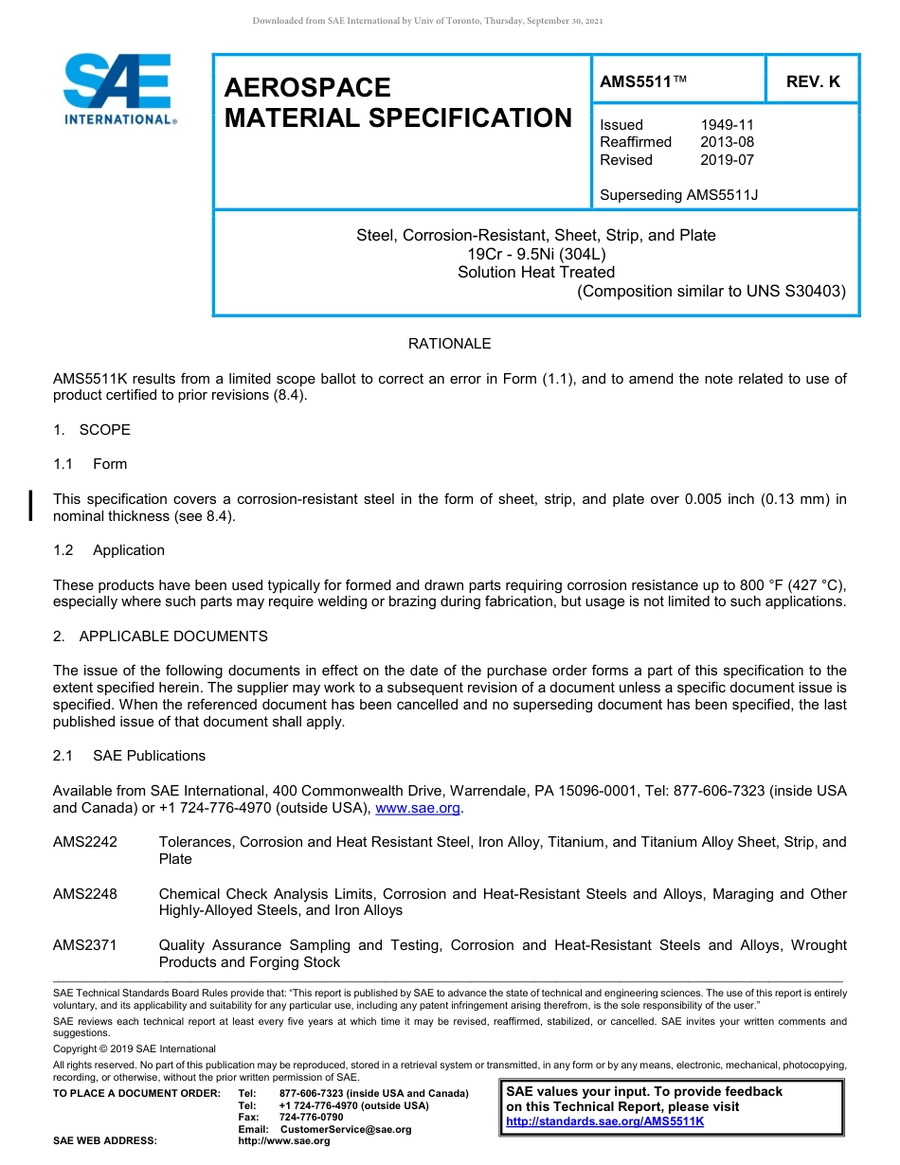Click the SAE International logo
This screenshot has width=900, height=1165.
pyautogui.click(x=118, y=89)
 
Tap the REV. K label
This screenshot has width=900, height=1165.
pyautogui.click(x=813, y=82)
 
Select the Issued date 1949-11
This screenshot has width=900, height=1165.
pyautogui.click(x=727, y=125)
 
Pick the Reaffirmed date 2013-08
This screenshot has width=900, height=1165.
pyautogui.click(x=727, y=142)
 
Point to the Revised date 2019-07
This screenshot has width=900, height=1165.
pyautogui.click(x=727, y=160)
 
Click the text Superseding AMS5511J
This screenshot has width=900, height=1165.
pyautogui.click(x=679, y=195)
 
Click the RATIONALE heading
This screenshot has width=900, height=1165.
pyautogui.click(x=449, y=344)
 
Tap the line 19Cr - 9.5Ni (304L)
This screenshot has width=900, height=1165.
pyautogui.click(x=535, y=254)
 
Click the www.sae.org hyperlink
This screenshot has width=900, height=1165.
pyautogui.click(x=418, y=808)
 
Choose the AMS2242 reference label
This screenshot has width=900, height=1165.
pyautogui.click(x=85, y=842)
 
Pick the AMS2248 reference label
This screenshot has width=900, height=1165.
pyautogui.click(x=85, y=894)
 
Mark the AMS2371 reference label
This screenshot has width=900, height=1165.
pyautogui.click(x=85, y=945)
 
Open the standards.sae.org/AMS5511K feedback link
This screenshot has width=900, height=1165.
pyautogui.click(x=605, y=1121)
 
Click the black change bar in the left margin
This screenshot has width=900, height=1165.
pyautogui.click(x=32, y=505)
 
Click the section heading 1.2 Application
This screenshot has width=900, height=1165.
pyautogui.click(x=109, y=550)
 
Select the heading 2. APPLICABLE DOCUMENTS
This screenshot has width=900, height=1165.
pyautogui.click(x=160, y=636)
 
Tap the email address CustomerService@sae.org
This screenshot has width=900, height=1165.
pyautogui.click(x=346, y=1129)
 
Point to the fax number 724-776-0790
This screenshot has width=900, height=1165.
pyautogui.click(x=312, y=1118)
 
